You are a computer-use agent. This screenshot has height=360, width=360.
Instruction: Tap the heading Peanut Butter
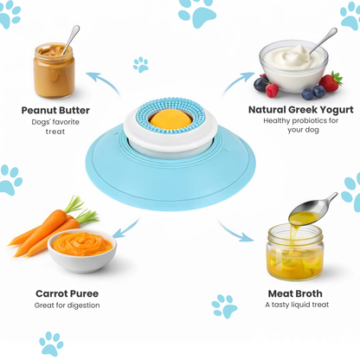pyautogui.click(x=55, y=110)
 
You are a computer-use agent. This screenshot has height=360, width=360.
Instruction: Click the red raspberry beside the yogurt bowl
pyautogui.click(x=273, y=89)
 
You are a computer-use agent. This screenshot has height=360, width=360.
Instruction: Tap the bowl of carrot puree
pyautogui.click(x=81, y=248)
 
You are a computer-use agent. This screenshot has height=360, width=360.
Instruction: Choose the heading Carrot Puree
pyautogui.click(x=70, y=293)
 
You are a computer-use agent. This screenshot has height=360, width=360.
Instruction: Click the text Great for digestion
pyautogui.click(x=67, y=305)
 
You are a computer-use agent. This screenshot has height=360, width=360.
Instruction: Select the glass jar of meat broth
pyautogui.click(x=294, y=252)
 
